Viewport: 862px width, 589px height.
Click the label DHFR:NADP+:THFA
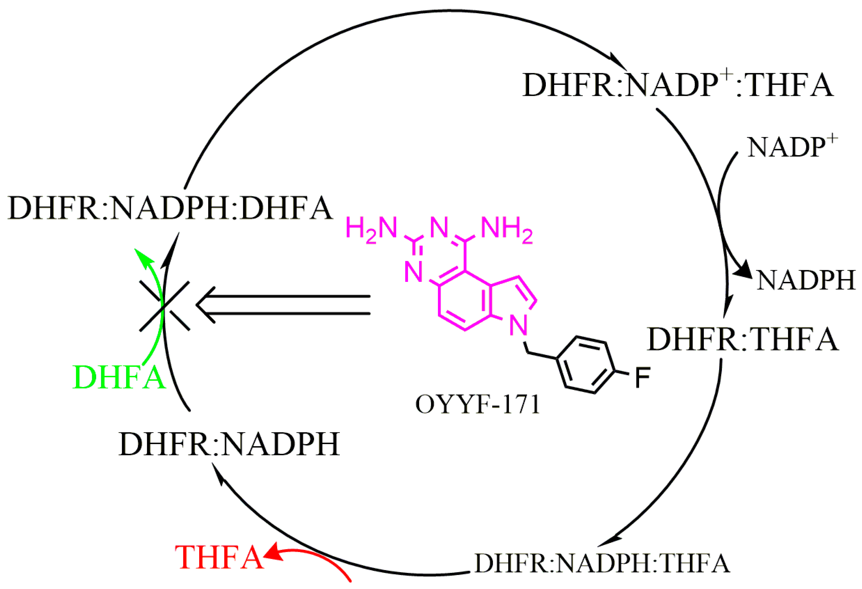tap(678, 85)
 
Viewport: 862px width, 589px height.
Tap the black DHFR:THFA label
tap(743, 339)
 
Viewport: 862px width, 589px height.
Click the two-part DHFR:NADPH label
tap(229, 444)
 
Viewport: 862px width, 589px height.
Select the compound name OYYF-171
tap(477, 404)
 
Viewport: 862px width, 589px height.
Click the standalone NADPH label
tap(806, 280)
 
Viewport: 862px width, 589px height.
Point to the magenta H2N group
tap(371, 229)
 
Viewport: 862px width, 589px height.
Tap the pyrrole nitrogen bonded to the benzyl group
tap(518, 326)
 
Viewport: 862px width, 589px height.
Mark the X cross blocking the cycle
tap(164, 306)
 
